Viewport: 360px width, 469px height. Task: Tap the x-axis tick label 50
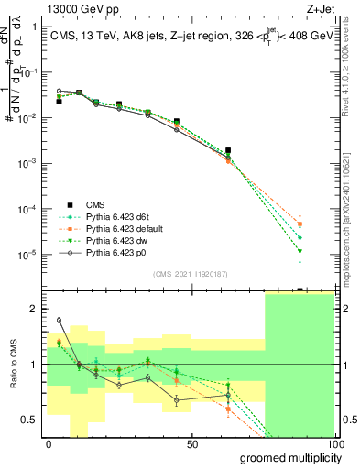pos(192,443)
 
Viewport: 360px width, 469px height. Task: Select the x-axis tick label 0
pos(49,443)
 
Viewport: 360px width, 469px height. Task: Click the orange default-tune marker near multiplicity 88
pos(300,224)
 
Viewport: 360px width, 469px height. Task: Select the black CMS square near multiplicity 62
pos(228,150)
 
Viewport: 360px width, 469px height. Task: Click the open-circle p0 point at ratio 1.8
pos(60,321)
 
